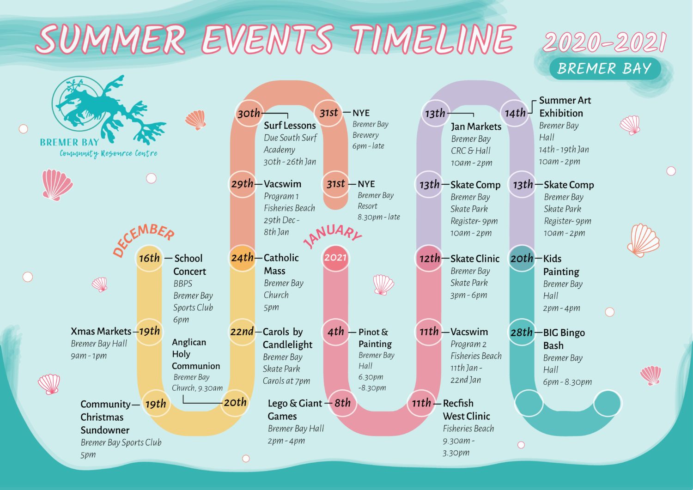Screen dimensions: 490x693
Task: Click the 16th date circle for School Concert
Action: pyautogui.click(x=149, y=258)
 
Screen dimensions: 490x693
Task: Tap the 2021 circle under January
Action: pyautogui.click(x=335, y=258)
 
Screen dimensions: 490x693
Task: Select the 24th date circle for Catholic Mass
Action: pyautogui.click(x=243, y=258)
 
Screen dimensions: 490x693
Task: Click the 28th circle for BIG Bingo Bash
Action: pyautogui.click(x=522, y=332)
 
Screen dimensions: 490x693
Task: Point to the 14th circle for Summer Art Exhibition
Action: pyautogui.click(x=515, y=113)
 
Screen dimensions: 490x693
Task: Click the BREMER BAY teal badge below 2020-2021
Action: pyautogui.click(x=604, y=69)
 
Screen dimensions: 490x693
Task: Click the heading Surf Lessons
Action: pyautogui.click(x=290, y=125)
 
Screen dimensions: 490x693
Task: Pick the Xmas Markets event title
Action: pyautogui.click(x=101, y=331)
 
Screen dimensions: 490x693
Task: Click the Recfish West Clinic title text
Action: pyautogui.click(x=466, y=410)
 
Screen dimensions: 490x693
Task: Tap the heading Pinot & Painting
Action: pyautogui.click(x=375, y=338)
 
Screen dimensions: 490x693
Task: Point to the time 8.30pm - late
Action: pyautogui.click(x=378, y=217)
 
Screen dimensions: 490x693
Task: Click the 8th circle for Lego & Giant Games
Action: pyautogui.click(x=342, y=403)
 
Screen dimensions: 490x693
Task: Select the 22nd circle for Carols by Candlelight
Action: pyautogui.click(x=242, y=332)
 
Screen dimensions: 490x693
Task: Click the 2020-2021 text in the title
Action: pyautogui.click(x=604, y=42)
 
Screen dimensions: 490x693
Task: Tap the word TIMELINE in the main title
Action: pyautogui.click(x=433, y=39)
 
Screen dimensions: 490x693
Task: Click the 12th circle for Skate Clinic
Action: pyautogui.click(x=429, y=258)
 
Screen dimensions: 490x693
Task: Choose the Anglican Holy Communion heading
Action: pyautogui.click(x=195, y=354)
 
